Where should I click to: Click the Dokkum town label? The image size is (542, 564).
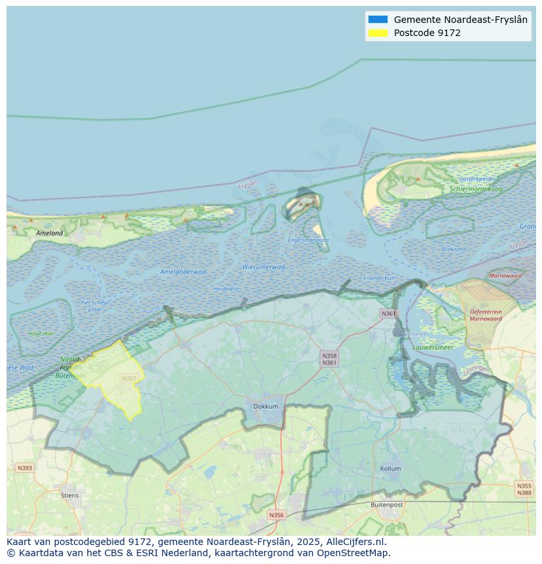point(266,406)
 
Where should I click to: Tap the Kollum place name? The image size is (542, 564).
point(391,468)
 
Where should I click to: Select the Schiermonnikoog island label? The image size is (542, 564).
point(476,189)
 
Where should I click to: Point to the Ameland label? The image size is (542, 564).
point(50,233)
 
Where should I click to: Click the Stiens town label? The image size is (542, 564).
point(69,495)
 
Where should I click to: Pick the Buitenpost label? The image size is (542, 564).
point(386,504)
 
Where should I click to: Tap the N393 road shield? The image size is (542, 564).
point(24,468)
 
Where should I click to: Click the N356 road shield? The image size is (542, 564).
point(276,515)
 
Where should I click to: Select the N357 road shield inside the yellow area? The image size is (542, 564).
point(129,379)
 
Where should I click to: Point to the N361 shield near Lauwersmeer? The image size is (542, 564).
point(388,314)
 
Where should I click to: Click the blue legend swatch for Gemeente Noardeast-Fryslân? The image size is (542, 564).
point(378,20)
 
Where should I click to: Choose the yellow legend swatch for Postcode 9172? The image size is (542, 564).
point(378,33)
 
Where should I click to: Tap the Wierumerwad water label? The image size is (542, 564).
point(263,267)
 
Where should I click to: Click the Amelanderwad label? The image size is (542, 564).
point(183,271)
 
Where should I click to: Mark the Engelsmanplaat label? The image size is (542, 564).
point(308,240)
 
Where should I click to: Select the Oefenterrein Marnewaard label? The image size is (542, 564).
point(485,315)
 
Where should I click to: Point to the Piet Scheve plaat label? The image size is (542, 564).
point(95,305)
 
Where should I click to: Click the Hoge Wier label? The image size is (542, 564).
point(41,333)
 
